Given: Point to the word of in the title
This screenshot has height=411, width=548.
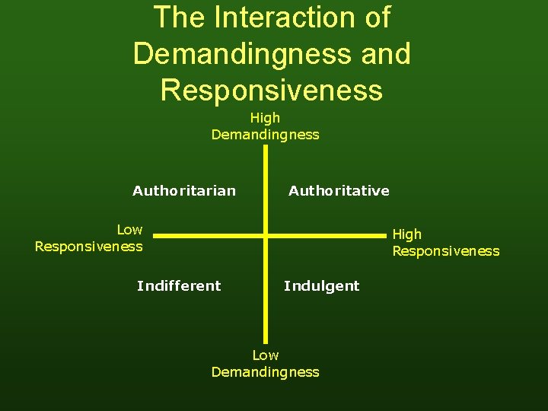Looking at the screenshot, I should tap(376, 18).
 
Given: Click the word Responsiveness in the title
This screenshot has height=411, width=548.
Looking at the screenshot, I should tap(272, 90).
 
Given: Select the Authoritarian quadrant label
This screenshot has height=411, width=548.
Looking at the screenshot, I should tap(184, 190).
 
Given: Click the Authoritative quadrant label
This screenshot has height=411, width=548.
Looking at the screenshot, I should tap(339, 190).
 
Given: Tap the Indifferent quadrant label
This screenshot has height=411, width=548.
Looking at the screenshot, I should tap(179, 285).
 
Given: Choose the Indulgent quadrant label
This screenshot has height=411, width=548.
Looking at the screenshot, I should tap(321, 285).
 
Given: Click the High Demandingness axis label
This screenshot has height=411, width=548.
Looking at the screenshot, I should tap(265, 126).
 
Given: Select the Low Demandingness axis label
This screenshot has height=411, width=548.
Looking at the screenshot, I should tap(265, 363).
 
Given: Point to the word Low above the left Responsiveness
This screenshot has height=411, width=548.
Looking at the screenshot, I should tap(129, 229).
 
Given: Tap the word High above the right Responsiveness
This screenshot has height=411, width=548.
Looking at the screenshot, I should tap(406, 234).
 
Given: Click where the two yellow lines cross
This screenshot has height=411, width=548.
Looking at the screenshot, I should tap(266, 236).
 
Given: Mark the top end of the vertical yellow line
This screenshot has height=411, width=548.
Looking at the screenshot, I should tap(266, 147).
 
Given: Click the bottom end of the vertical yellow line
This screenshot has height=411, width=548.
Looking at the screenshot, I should tap(266, 344).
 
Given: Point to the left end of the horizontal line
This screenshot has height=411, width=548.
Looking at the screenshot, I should tap(155, 236).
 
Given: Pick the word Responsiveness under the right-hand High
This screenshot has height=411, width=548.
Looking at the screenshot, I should tap(446, 250).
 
